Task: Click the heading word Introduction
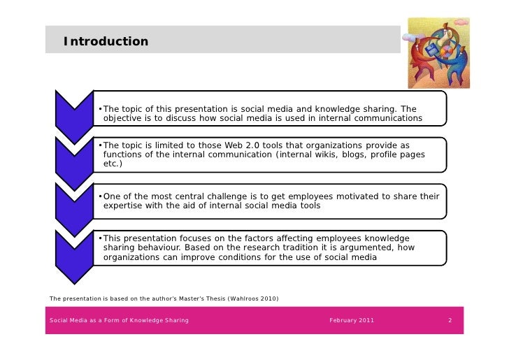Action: point(106,42)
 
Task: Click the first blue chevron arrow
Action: point(74,112)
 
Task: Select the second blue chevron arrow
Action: point(74,157)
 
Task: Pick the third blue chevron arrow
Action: point(74,203)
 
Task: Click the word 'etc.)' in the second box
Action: point(113,164)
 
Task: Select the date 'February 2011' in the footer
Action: point(352,320)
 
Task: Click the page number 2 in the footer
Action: point(450,320)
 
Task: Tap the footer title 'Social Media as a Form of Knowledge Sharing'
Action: point(119,320)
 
